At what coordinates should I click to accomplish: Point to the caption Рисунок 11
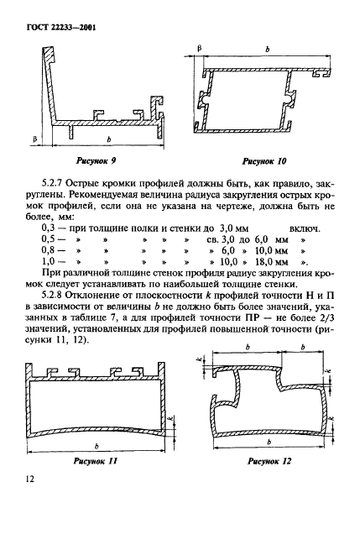tap(96, 461)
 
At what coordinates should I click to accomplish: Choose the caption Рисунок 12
tap(268, 461)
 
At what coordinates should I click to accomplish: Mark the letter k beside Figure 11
tap(170, 420)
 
